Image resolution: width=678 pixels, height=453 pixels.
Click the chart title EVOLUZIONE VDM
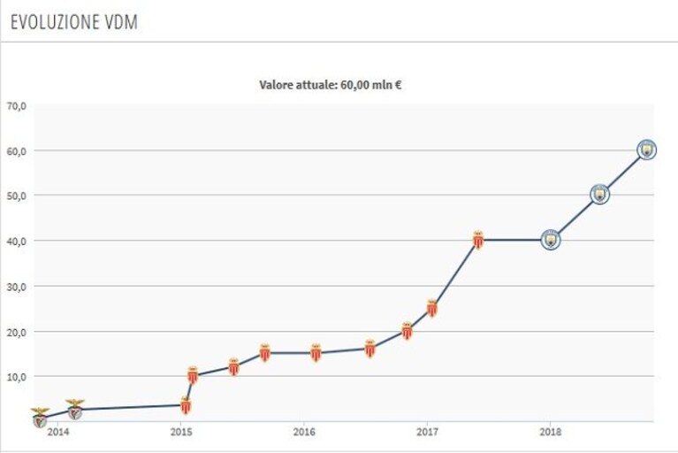tap(74, 22)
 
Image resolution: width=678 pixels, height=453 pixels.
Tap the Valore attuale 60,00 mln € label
tap(331, 85)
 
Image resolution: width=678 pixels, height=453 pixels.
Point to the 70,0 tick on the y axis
tap(17, 106)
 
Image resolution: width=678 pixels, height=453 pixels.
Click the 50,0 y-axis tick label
tap(17, 196)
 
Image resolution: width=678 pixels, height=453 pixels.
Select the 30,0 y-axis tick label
tap(17, 287)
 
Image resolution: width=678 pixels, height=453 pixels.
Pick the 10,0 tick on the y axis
tap(17, 377)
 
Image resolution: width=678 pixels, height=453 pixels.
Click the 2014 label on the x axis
tap(58, 432)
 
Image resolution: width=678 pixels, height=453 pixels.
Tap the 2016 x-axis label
tap(304, 432)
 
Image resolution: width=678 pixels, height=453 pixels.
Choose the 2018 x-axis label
tap(550, 432)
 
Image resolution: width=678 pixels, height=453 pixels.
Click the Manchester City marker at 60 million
tap(647, 150)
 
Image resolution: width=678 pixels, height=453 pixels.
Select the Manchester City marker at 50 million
tap(599, 195)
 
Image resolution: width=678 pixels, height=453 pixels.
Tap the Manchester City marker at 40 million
tap(551, 240)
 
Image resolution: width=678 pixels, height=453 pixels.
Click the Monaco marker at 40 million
tap(478, 240)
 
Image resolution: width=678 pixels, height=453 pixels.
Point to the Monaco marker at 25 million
tap(432, 308)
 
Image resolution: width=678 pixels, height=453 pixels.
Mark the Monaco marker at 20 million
tap(407, 331)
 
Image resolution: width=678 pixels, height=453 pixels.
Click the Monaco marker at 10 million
tap(193, 375)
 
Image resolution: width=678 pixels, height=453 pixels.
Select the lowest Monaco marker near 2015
tap(186, 405)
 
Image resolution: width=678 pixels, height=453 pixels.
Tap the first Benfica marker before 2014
tap(40, 418)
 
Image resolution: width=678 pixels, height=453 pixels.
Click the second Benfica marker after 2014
tap(75, 410)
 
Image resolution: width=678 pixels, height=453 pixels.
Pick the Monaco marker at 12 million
tap(234, 367)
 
